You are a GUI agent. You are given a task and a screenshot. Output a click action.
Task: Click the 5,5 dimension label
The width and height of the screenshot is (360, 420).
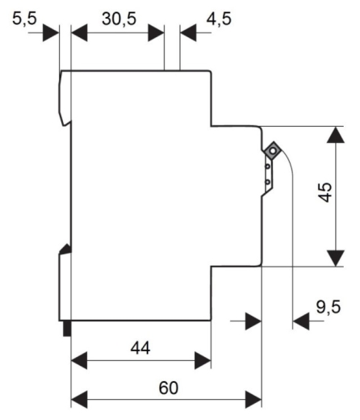point(24,19)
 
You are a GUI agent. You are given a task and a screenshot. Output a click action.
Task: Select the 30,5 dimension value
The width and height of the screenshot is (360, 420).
point(119,19)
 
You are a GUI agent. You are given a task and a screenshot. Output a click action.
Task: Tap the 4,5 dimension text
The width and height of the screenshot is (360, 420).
point(219,19)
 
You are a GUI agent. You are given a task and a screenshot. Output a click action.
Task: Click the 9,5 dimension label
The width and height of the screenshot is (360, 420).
point(329,307)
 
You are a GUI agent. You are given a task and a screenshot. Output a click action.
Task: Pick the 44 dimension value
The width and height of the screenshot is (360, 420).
point(140,348)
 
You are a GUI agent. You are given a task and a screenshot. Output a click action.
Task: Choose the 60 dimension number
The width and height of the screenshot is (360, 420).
point(169,388)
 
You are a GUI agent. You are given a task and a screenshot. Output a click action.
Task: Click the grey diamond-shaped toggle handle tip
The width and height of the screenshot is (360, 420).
point(274,151)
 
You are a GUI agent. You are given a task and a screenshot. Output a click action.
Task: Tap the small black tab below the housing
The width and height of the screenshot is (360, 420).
point(67,329)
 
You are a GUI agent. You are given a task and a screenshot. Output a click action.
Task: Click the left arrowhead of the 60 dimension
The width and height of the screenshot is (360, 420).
point(79,400)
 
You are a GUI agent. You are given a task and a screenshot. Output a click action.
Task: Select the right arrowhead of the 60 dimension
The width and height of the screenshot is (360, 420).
point(253,400)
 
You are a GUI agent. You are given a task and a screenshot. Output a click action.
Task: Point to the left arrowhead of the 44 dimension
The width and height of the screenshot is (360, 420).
point(79,360)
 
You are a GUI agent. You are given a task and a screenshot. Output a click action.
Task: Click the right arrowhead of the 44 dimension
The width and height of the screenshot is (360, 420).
point(203,360)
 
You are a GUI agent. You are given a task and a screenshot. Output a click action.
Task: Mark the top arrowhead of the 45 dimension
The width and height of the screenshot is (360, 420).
point(336,135)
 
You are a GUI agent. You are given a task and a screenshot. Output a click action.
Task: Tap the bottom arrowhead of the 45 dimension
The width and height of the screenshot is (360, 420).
point(336,258)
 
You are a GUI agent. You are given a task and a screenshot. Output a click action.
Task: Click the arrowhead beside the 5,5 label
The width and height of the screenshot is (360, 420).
point(51,33)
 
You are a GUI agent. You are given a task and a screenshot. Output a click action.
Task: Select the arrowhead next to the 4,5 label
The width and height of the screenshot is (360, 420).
point(188,33)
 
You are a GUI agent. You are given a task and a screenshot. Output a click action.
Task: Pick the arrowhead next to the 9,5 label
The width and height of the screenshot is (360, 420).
point(301,321)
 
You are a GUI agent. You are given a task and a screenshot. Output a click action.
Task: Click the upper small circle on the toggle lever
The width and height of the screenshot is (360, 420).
point(267,166)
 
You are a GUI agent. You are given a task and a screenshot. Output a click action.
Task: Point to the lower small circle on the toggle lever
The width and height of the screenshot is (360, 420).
point(267,183)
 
